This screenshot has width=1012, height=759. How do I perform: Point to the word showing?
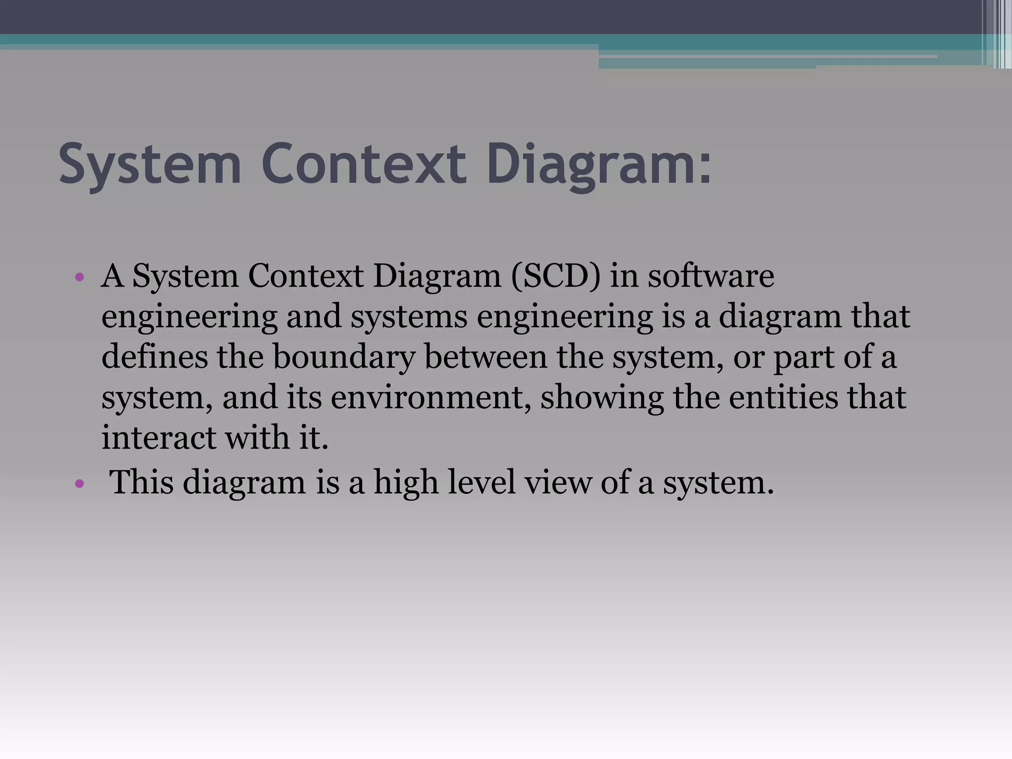(602, 398)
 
